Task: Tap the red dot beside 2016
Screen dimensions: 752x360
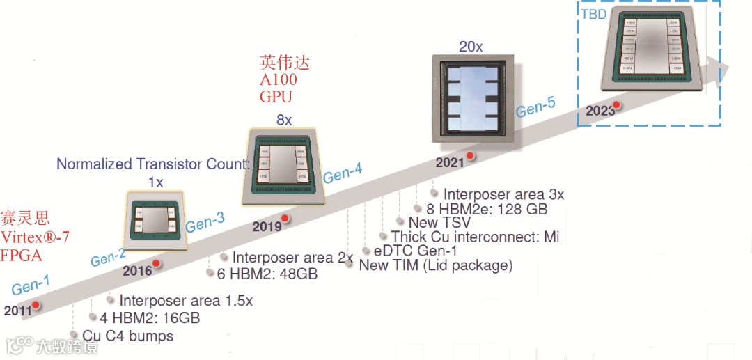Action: (x=157, y=264)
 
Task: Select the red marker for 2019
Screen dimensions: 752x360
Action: (x=285, y=219)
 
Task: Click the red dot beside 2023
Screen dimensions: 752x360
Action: (x=616, y=106)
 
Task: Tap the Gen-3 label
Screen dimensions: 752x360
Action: (x=205, y=223)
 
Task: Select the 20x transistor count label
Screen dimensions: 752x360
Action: (x=471, y=47)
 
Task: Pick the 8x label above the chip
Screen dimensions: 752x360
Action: (x=284, y=120)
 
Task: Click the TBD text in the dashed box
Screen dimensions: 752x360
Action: (x=593, y=13)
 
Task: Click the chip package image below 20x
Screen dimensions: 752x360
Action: (x=471, y=97)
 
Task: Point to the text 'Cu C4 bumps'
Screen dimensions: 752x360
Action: (x=127, y=336)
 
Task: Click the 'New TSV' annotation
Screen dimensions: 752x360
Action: (x=439, y=223)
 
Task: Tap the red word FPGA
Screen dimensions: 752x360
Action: (x=21, y=256)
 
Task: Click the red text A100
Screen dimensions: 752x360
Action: (x=279, y=79)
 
